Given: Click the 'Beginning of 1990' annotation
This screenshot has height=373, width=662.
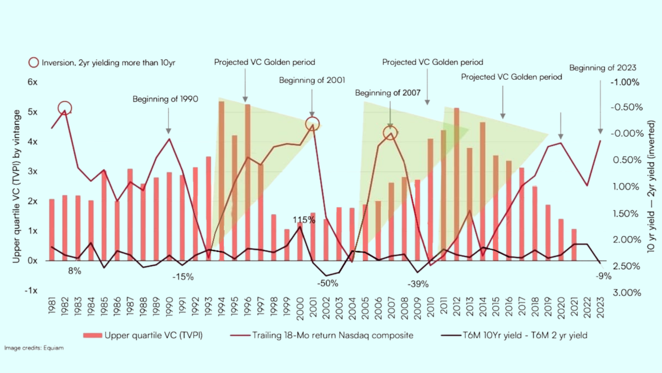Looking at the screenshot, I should pos(165,99).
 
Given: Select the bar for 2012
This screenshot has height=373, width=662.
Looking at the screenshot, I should pos(457,183).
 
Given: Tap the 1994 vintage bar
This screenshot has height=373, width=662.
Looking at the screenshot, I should pos(221,180).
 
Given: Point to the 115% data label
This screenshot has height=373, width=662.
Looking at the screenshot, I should pos(304,220).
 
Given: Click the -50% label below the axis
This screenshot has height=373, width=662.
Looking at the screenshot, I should pos(328,284).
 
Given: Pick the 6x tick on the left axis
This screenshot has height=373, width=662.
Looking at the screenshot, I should pos(32,82).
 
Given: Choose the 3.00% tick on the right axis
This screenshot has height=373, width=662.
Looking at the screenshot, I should pos(626,293).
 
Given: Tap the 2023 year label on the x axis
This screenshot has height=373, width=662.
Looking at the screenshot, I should pos(600,307).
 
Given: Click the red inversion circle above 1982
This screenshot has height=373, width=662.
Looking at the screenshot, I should pos(65,108).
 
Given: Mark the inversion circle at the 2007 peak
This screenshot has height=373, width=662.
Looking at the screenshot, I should pos(390,133).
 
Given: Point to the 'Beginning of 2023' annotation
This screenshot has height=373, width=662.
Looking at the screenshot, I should pos(602,68).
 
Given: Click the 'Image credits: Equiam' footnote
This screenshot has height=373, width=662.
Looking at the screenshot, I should pos(34,348).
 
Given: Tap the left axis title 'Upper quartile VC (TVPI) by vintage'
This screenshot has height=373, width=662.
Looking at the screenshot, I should pos(16,186).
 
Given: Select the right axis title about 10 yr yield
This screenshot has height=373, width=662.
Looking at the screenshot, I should pos(651,186).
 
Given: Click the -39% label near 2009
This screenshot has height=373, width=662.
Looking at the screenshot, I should pos(418,284).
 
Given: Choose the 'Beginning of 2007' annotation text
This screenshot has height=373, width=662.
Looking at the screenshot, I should pos(388,93).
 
